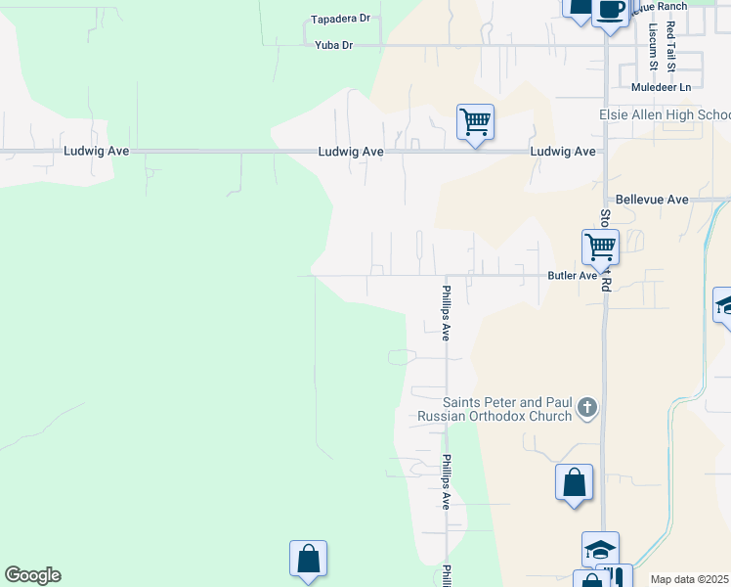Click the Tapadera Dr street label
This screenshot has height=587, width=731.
[x=340, y=19]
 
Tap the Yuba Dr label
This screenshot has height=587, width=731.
[x=333, y=45]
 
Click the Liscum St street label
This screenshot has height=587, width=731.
[x=652, y=48]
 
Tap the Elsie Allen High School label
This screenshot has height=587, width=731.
[x=665, y=114]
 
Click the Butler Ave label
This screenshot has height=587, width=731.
[x=572, y=276]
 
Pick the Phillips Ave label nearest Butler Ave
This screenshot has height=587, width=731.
[x=445, y=312]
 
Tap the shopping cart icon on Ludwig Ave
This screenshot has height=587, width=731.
[x=475, y=122]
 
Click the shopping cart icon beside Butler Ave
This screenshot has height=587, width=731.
[x=600, y=247]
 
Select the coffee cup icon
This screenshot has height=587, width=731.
[x=611, y=11]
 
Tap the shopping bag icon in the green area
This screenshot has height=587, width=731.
[x=308, y=559]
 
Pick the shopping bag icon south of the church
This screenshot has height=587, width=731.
[x=574, y=482]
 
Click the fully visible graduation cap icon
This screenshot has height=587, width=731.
[x=600, y=549]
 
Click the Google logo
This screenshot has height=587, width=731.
[x=32, y=575]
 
